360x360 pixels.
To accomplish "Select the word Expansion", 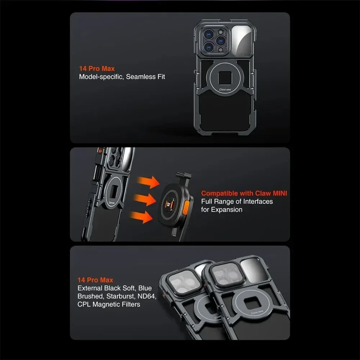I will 227,210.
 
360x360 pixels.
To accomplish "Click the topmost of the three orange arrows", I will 150,182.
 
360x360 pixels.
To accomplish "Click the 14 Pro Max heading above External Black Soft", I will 95,280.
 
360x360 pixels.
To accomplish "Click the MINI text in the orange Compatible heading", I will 279,193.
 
